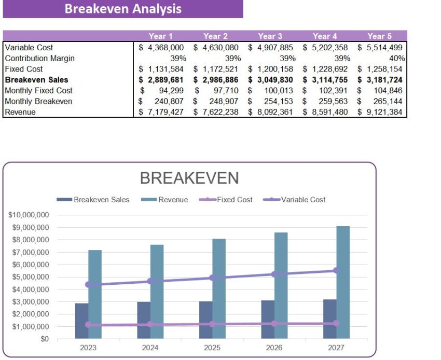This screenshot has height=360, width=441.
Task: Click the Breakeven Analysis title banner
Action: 123,9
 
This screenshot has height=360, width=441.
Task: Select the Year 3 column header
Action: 270,36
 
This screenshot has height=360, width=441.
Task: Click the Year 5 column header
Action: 379,36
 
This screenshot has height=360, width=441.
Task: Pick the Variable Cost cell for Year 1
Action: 161,47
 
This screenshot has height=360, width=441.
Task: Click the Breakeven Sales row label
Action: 36,80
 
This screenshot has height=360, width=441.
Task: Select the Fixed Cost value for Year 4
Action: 325,69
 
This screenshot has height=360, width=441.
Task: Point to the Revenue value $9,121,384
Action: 380,112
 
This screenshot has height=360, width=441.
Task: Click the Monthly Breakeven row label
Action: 38,101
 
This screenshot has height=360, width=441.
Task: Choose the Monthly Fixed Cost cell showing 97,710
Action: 216,91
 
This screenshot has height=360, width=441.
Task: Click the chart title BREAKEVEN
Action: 189,178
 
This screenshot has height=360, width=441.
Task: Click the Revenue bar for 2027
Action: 342,283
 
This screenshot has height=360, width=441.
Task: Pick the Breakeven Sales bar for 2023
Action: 81,321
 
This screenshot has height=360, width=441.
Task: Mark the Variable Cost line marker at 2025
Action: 212,278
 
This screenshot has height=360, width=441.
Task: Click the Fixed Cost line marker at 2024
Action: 150,324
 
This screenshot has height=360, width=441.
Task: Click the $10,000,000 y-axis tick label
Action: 29,215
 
